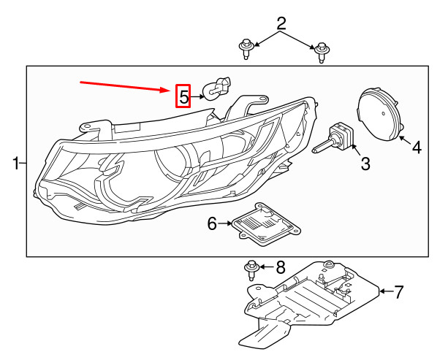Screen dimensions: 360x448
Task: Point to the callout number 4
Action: (x=417, y=148)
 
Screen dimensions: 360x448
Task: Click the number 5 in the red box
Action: (x=183, y=96)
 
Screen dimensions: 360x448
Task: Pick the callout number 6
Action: (x=212, y=224)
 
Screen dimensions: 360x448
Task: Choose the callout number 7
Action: (x=398, y=293)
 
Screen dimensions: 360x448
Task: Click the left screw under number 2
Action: (x=246, y=50)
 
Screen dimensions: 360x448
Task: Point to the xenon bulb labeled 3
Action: (x=333, y=139)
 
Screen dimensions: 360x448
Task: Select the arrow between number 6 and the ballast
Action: (x=226, y=224)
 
